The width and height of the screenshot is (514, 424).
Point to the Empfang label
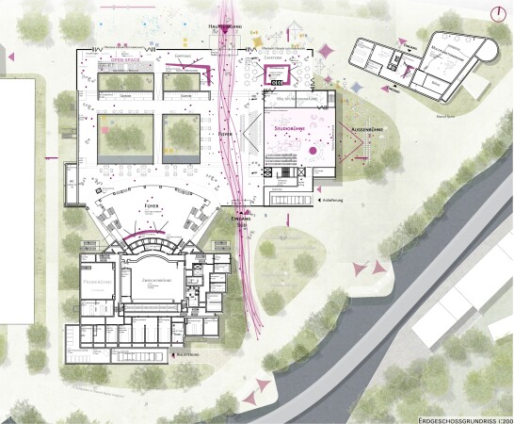179,57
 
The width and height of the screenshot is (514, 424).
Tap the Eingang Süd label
242,222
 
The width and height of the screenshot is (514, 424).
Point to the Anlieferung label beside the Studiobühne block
337,200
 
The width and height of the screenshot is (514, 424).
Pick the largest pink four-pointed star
327,51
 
